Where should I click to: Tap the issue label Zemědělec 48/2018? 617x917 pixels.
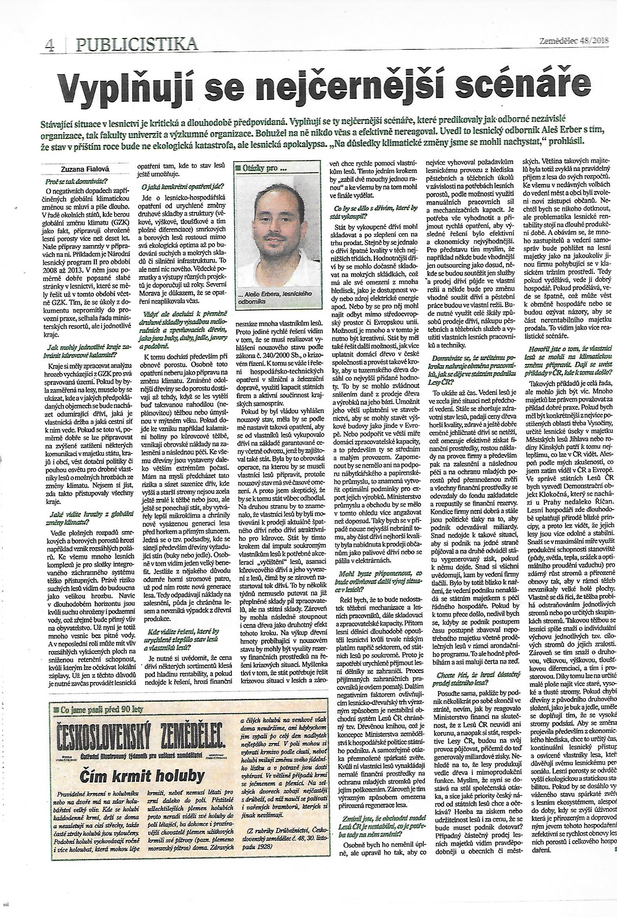point(571,40)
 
